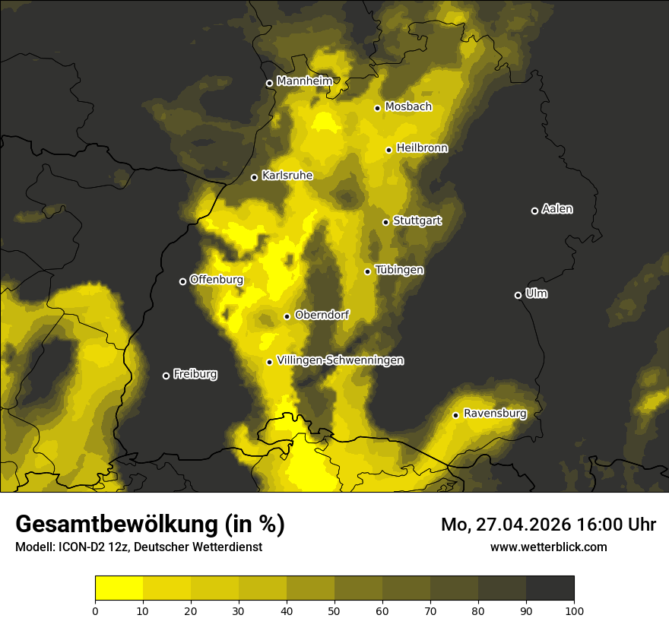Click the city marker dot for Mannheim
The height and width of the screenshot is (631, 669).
[269, 84]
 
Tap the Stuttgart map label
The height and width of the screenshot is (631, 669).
[417, 221]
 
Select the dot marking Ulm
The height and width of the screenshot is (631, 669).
[518, 295]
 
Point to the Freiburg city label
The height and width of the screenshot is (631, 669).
[195, 374]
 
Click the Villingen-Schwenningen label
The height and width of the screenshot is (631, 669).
[340, 360]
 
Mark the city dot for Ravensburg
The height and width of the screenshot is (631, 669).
[455, 415]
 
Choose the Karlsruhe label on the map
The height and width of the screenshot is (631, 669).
[287, 176]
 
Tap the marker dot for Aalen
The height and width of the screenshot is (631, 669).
[534, 211]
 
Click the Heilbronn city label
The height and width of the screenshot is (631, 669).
[422, 148]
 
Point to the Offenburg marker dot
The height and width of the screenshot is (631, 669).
[182, 281]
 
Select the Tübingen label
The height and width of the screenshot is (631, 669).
[399, 270]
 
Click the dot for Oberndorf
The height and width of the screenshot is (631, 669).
[287, 316]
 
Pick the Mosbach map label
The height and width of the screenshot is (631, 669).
[408, 107]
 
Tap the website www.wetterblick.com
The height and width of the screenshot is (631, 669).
[548, 547]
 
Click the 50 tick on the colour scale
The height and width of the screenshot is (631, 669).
[334, 610]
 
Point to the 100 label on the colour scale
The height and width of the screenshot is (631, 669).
[574, 610]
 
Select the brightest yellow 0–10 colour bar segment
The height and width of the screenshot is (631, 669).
[119, 588]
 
